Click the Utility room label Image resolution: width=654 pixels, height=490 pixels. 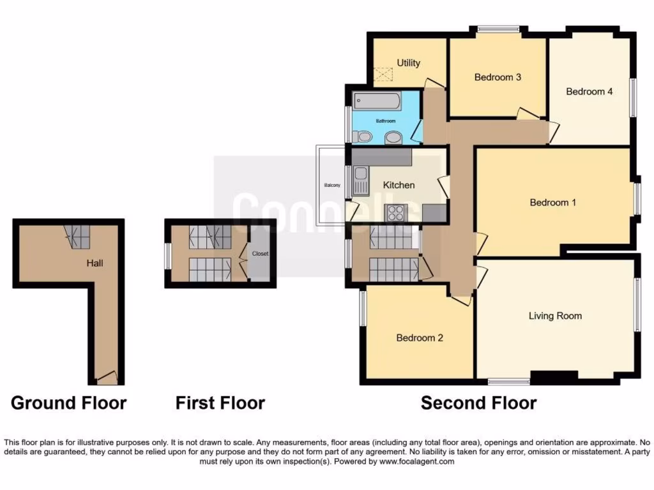(409, 63)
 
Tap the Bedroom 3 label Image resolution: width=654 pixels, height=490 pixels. (498, 77)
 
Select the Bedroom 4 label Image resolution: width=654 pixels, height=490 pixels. (589, 91)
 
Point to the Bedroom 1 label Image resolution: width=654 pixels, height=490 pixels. (553, 202)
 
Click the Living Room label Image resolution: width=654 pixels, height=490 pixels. (555, 315)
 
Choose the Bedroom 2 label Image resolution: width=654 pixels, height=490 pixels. (420, 338)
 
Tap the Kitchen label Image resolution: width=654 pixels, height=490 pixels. (399, 185)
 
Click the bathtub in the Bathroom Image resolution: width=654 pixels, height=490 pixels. (377, 101)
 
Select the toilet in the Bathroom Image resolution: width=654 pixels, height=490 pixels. (363, 136)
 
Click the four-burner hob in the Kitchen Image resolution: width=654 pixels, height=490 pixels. (394, 212)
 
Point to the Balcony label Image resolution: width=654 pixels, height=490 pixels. (331, 185)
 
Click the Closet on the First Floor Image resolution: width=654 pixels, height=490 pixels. (260, 254)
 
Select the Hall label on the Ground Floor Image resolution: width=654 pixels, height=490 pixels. (95, 262)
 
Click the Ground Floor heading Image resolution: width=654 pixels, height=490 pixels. (68, 403)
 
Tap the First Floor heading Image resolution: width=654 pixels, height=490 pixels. (220, 403)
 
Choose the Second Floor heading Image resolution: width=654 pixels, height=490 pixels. (478, 403)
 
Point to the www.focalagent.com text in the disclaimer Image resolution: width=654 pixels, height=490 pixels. (418, 461)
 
